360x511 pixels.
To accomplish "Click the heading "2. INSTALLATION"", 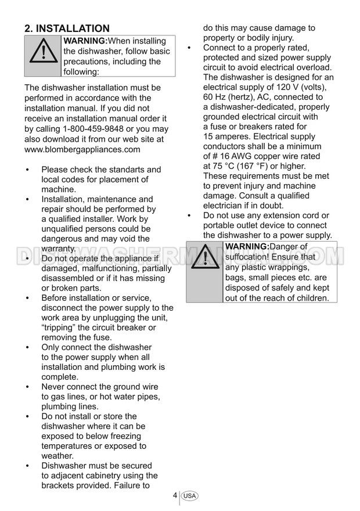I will coord(67,28).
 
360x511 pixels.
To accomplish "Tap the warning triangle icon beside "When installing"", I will coord(42,56).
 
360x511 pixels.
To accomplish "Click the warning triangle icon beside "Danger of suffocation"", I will coord(204,271).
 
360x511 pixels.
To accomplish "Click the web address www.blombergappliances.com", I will coord(82,149).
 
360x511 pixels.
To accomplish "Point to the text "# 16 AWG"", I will coord(235,157).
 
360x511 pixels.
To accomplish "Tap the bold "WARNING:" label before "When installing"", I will coord(85,41).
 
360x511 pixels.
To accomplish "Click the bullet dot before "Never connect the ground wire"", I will coord(28,387).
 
